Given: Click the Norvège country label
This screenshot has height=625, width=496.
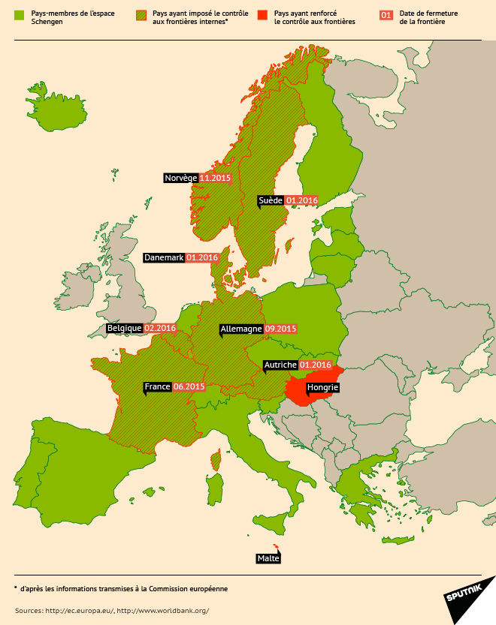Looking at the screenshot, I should [x=180, y=179].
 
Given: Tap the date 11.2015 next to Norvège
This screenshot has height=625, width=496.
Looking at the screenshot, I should [x=214, y=179].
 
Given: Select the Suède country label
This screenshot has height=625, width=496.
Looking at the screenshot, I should [x=270, y=200].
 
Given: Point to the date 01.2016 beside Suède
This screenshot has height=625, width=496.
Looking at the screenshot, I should [x=302, y=200].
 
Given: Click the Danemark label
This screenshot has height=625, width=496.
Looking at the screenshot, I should [x=164, y=257].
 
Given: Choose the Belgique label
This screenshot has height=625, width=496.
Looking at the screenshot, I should [x=124, y=328].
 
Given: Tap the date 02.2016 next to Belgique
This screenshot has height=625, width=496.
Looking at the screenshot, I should [x=159, y=328].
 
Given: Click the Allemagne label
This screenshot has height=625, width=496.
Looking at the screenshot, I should [x=240, y=329].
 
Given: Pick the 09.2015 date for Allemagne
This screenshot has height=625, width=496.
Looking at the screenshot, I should [x=281, y=329].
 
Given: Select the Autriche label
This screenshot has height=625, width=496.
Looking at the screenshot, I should [x=280, y=365].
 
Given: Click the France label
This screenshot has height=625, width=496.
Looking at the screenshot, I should [x=157, y=386].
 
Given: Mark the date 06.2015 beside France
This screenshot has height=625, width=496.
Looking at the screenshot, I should [x=189, y=386].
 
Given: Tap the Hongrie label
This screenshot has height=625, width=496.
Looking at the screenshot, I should [x=323, y=387].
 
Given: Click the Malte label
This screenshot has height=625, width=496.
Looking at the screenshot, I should [x=268, y=558].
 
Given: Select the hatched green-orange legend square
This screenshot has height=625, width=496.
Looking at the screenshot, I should [x=141, y=15].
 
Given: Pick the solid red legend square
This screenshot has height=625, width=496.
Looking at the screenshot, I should [x=262, y=15].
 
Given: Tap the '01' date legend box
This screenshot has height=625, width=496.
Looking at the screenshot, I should [x=386, y=15].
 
